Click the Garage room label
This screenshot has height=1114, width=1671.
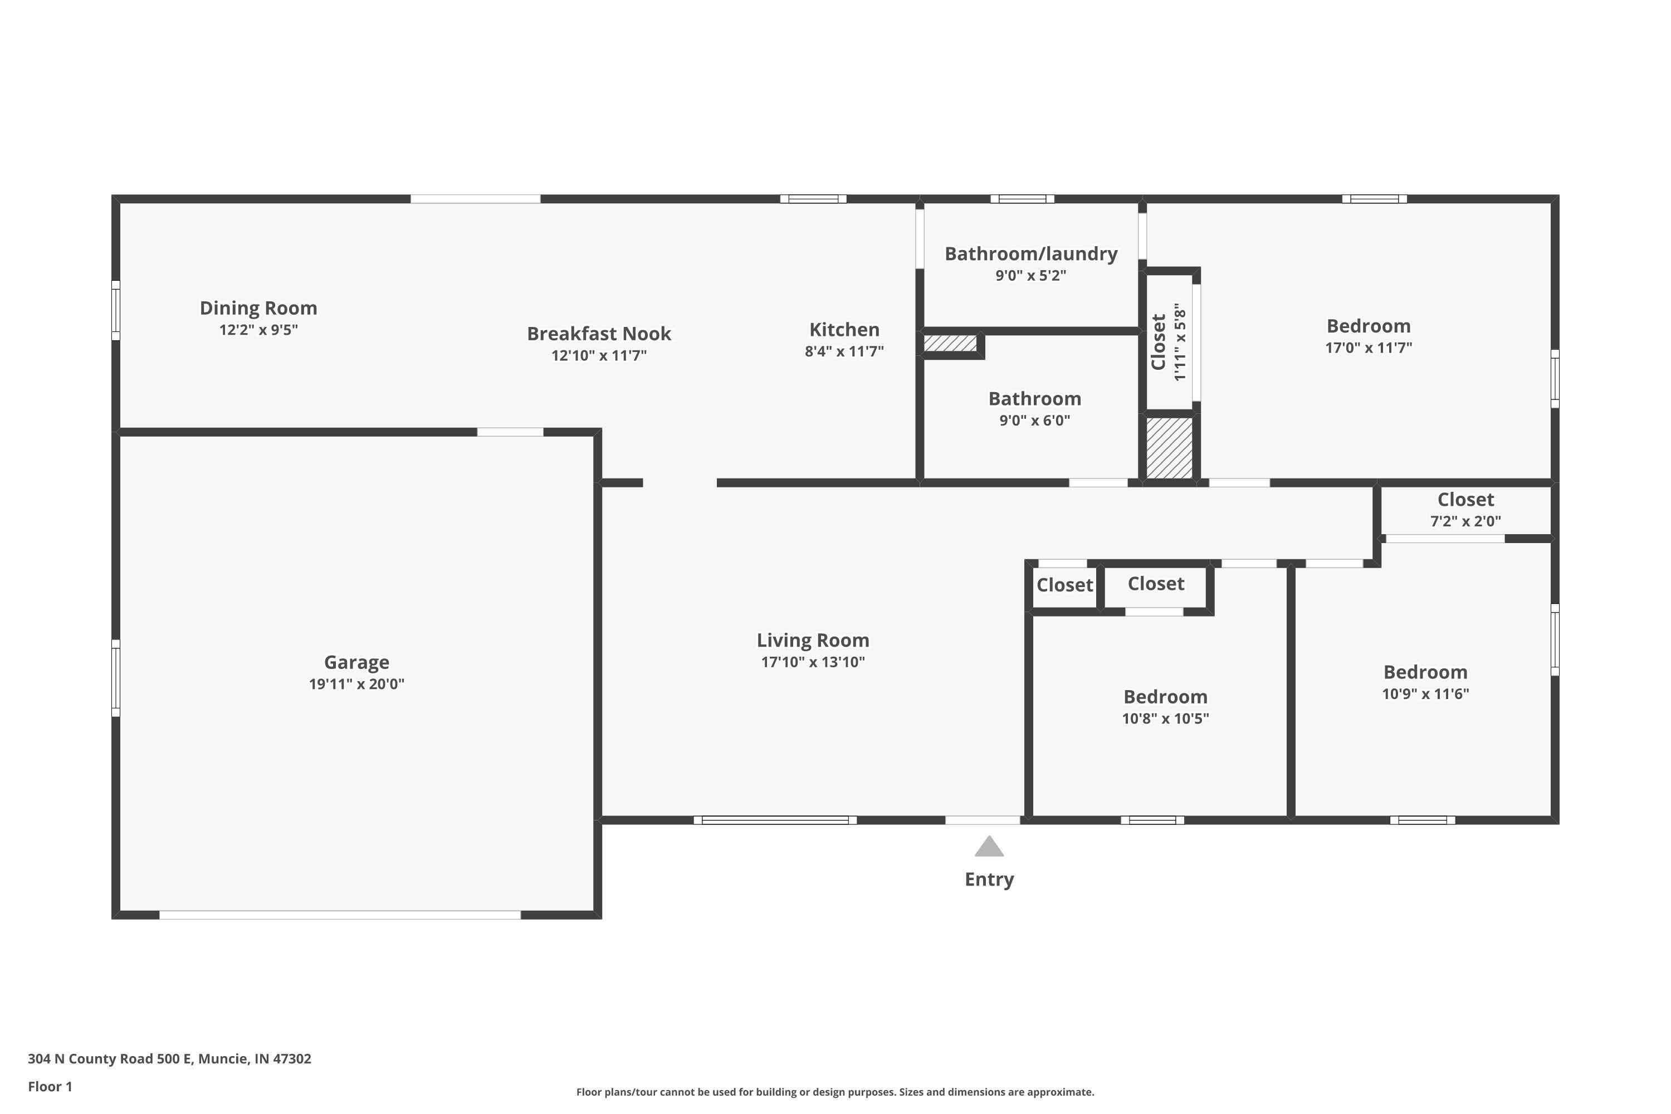[356, 662]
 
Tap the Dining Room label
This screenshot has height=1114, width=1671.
[258, 309]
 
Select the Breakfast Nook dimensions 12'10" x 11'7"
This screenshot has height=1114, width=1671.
[599, 355]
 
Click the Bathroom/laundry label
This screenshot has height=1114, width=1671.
[1031, 253]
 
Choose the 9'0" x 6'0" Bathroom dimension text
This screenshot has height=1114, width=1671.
[1034, 420]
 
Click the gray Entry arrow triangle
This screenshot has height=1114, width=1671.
[989, 846]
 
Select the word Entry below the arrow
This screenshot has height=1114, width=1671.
[989, 880]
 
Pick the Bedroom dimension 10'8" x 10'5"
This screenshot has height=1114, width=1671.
[1165, 719]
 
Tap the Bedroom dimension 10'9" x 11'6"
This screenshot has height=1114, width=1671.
[1425, 693]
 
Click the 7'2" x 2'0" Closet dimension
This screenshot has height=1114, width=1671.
[1465, 521]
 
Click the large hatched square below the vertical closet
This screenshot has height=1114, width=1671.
[1169, 448]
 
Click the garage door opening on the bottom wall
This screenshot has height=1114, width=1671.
[340, 915]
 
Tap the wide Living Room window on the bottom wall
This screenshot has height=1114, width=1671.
[775, 820]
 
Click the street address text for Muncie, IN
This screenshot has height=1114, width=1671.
[169, 1059]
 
